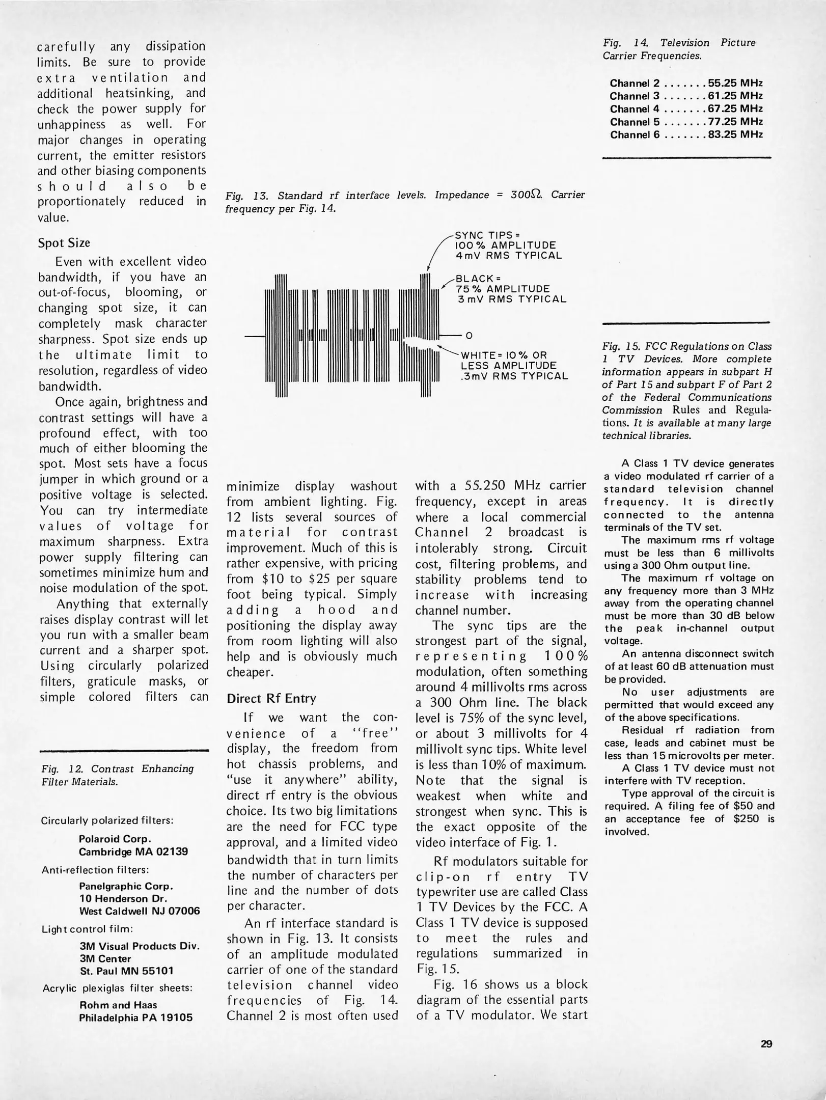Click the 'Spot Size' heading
(64, 243)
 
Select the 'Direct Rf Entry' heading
(271, 698)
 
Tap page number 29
(766, 1044)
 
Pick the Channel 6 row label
(635, 135)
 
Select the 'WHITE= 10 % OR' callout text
(503, 355)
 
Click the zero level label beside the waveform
(469, 336)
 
